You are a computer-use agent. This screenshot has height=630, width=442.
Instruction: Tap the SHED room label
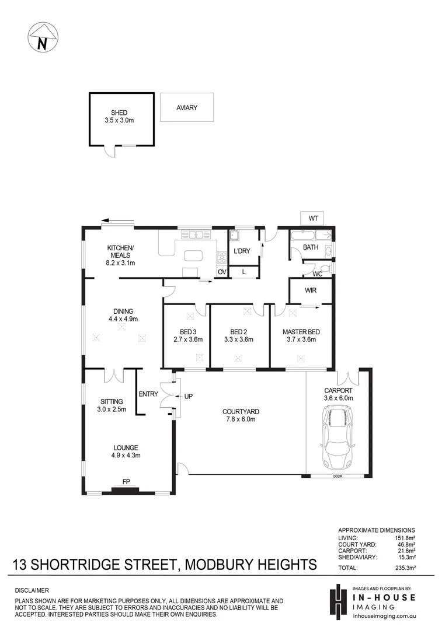(119, 113)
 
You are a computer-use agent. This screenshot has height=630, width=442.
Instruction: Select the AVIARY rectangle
(186, 108)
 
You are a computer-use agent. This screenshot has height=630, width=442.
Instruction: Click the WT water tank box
(314, 218)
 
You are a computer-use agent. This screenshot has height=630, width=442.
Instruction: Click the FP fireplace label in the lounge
(126, 482)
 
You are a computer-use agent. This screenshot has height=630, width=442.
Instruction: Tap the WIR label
(311, 290)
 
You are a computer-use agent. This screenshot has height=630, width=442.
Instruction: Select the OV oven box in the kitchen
(222, 272)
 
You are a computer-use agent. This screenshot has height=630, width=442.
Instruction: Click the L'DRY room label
(242, 251)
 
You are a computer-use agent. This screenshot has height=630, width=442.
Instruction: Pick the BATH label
(311, 247)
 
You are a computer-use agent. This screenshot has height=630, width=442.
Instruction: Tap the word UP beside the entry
(188, 397)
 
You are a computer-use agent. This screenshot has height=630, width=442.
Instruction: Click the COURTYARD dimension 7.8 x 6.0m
(241, 419)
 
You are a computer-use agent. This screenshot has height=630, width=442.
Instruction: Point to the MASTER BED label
(301, 332)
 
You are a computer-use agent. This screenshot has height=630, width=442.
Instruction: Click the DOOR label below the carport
(336, 477)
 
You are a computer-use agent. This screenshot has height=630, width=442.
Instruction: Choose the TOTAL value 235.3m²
(405, 567)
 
